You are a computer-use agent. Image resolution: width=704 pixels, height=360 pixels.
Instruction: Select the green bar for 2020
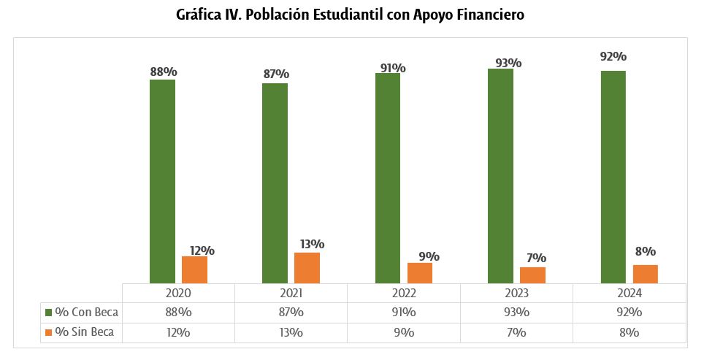pos(162,180)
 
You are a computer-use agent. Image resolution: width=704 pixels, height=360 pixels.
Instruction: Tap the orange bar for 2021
pos(307,267)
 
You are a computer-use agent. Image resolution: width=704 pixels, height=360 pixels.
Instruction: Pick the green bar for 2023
pos(500,175)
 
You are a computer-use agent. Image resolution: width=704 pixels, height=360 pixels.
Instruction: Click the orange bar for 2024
pos(645,274)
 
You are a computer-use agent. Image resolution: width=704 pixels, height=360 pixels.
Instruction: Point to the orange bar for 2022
pos(420,272)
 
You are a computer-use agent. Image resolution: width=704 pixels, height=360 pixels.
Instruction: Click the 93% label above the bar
pos(508,63)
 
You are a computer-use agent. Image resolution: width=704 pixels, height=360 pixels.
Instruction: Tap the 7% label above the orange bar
pos(535,258)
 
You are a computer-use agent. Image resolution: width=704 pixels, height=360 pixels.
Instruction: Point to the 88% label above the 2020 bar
pos(163,72)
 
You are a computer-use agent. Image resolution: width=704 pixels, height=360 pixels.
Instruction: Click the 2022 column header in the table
pos(403,293)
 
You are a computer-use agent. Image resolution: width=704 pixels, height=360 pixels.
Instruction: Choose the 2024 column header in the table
pos(629,293)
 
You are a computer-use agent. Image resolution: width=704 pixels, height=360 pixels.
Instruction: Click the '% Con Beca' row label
pos(87,313)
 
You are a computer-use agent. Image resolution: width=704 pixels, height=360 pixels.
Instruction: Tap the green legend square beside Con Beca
pos(49,313)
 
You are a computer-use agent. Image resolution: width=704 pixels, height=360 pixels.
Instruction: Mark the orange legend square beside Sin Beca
pos(49,332)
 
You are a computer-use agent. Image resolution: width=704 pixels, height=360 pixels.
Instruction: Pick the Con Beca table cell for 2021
pos(291,313)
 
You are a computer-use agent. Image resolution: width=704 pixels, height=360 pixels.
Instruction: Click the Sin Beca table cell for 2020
pos(178,332)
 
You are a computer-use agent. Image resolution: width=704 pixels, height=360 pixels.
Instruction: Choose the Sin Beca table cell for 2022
pos(403,332)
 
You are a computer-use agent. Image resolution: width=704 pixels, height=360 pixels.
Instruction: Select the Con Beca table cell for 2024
pos(629,313)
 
